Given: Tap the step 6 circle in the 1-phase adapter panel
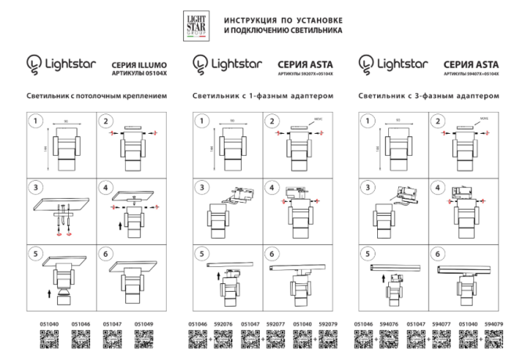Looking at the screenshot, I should point(271,254).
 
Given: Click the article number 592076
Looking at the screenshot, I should point(224,324).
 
